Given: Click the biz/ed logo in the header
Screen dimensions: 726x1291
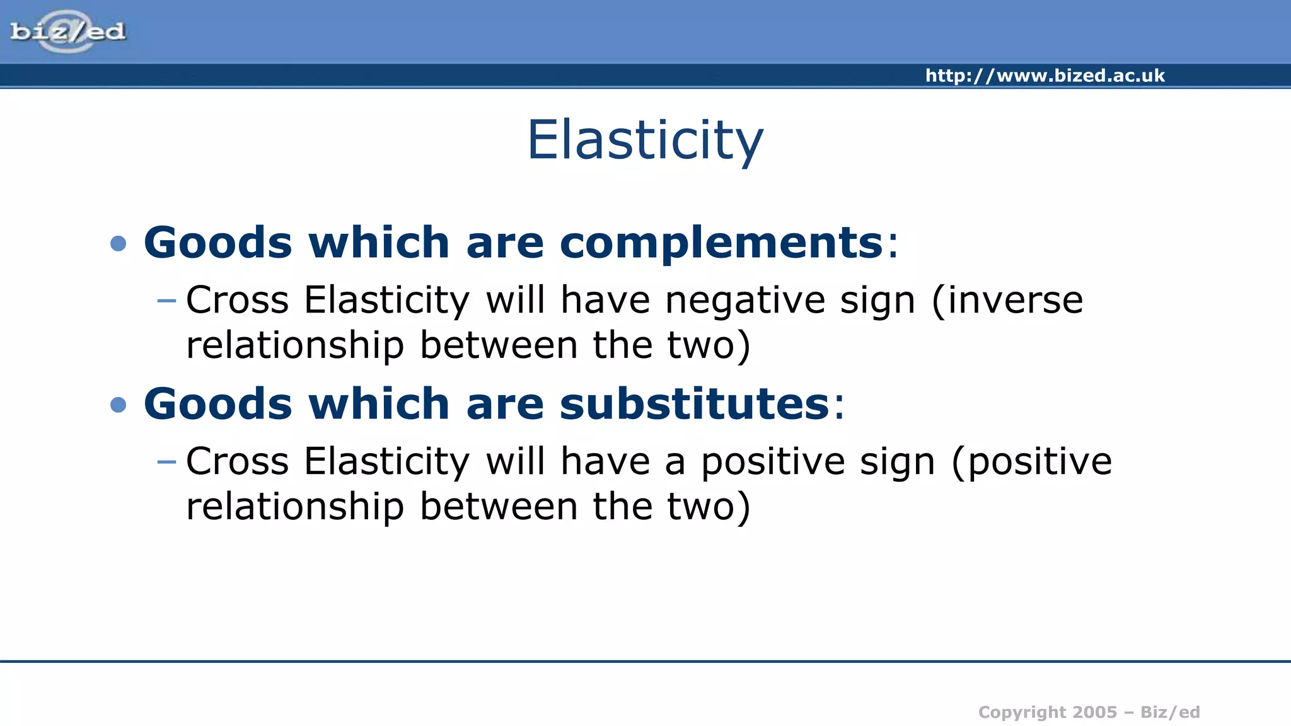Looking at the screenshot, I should pyautogui.click(x=67, y=31).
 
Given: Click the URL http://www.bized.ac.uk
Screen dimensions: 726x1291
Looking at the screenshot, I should pyautogui.click(x=1045, y=76).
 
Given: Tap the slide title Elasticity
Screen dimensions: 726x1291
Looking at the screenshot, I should pyautogui.click(x=645, y=140).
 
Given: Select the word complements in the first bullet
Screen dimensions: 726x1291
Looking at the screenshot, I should pyautogui.click(x=721, y=243).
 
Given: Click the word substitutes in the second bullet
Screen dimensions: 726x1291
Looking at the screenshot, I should pyautogui.click(x=694, y=404).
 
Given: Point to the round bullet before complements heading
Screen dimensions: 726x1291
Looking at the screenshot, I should pyautogui.click(x=119, y=243).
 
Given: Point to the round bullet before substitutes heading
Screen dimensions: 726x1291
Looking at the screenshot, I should pyautogui.click(x=119, y=405).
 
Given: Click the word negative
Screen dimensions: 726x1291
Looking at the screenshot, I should pyautogui.click(x=745, y=300).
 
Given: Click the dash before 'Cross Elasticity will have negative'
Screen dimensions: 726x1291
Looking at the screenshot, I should pyautogui.click(x=166, y=301).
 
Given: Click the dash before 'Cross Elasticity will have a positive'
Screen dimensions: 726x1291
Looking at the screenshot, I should pyautogui.click(x=166, y=462).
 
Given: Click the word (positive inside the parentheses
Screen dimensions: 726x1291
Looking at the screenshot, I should pyautogui.click(x=1032, y=462).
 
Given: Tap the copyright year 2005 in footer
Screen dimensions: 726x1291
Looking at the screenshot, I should pyautogui.click(x=1094, y=712).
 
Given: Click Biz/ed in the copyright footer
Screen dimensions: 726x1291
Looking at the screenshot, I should pyautogui.click(x=1170, y=712).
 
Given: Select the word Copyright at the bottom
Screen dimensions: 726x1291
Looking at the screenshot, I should pyautogui.click(x=1016, y=712).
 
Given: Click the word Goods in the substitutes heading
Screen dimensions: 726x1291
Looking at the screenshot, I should pyautogui.click(x=217, y=404).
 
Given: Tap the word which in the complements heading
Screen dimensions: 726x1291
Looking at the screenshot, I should pyautogui.click(x=378, y=243).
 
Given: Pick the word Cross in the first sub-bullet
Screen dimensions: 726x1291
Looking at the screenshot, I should pyautogui.click(x=237, y=300).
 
